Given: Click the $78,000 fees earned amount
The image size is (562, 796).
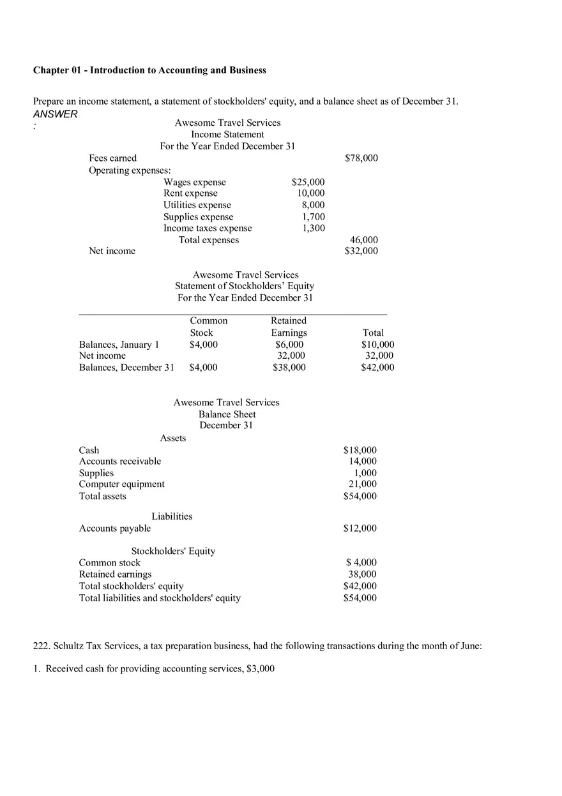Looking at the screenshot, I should [x=361, y=158].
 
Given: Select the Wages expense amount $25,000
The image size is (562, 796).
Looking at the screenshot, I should [x=308, y=183].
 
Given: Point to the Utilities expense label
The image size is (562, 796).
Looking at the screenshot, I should [x=197, y=205].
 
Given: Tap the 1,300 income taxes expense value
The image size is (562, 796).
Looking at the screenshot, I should [x=314, y=228].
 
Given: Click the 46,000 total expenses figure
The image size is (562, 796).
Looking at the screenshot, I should [x=364, y=240].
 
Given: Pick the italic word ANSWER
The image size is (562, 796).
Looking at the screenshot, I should [x=56, y=114].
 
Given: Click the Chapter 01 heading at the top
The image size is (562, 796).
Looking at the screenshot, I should [x=149, y=70].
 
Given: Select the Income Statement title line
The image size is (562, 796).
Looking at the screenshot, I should [x=227, y=135].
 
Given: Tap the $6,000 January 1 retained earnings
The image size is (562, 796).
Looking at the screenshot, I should [x=289, y=345].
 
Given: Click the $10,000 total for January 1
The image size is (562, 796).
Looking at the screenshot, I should [x=377, y=345].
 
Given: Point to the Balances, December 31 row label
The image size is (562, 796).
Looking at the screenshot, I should [x=126, y=368].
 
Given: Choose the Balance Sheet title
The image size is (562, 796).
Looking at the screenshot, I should [x=227, y=414].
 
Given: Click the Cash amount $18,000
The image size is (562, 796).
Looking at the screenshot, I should [x=360, y=450].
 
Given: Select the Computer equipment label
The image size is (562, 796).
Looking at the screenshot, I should [x=121, y=484].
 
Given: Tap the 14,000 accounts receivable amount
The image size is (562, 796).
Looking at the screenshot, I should [x=363, y=462].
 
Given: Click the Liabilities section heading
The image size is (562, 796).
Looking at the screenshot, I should [x=172, y=516].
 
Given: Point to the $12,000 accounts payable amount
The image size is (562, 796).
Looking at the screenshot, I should [x=360, y=529].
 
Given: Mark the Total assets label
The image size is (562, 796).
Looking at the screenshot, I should [x=103, y=497].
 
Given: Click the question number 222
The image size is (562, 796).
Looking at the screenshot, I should [x=41, y=646].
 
